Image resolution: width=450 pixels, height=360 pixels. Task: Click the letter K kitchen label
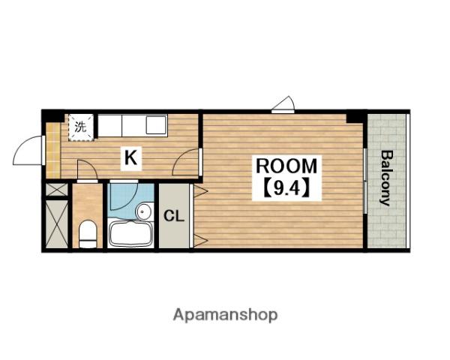pos(130,157)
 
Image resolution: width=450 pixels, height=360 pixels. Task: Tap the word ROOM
pos(286,166)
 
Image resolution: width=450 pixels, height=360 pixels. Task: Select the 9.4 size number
pos(286,188)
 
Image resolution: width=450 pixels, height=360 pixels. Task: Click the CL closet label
pos(174,216)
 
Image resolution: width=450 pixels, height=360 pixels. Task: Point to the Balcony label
pos(386,178)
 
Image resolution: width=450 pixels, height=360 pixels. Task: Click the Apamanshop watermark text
pos(225,315)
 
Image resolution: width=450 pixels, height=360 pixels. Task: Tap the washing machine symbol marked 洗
pos(81,127)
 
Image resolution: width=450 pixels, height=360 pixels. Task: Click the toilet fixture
pos(88,234)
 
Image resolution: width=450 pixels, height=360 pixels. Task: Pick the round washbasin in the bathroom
pos(143,211)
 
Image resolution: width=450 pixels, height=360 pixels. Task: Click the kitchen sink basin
pos(156,124)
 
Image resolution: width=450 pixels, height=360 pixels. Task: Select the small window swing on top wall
pos(283,103)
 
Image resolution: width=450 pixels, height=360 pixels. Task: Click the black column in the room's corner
pos(356,118)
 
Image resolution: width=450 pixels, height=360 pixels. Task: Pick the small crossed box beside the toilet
pos(57,190)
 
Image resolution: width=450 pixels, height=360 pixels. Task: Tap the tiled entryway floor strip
pos(53,150)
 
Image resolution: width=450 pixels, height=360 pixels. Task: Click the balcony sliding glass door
pos(365,181)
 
